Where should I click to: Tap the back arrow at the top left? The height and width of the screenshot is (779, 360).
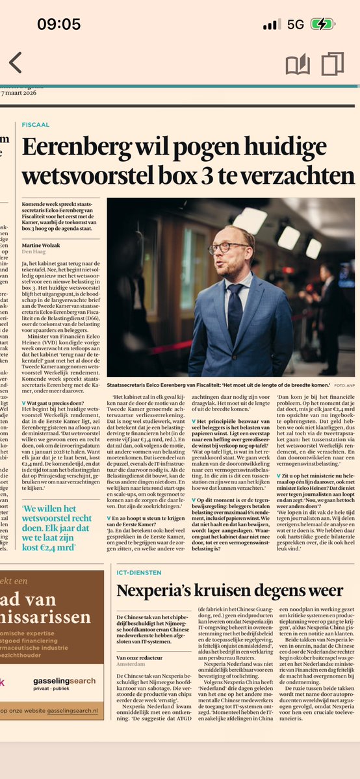coord(15,63)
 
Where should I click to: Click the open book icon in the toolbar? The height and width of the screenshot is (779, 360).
coord(298,64)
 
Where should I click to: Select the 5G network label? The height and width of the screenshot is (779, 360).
coord(296,25)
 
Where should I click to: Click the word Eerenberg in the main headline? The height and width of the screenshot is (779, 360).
coord(77,149)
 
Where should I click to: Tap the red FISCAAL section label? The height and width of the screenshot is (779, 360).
coord(36,124)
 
